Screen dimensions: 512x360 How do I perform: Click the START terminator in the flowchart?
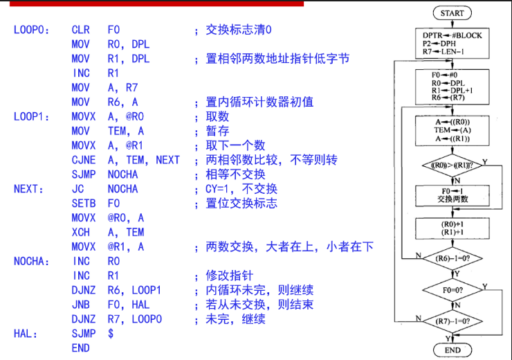[452, 13]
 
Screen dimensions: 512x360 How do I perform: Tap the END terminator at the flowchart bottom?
[452, 350]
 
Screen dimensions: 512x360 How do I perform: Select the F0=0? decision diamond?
[452, 290]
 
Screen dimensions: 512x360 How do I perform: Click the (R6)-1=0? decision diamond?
[452, 258]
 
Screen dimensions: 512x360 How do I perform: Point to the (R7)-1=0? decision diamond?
[452, 321]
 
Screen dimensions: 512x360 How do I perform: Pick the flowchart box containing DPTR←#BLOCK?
[452, 44]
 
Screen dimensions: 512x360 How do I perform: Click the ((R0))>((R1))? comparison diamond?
[452, 165]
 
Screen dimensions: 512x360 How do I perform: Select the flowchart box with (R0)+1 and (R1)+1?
[452, 228]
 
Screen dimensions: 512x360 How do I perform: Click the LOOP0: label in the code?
[31, 30]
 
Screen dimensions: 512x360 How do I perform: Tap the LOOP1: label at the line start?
[31, 116]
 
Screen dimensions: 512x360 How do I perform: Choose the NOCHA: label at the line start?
[31, 261]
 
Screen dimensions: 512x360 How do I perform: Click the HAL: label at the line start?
[26, 334]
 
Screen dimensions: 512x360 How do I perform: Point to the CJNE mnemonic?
[84, 160]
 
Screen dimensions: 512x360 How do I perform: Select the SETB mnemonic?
[84, 204]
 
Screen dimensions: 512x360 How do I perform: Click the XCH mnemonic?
[81, 232]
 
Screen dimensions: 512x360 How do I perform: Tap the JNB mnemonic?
[81, 305]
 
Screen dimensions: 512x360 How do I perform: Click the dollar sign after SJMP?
[111, 334]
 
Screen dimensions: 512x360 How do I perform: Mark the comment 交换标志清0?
[239, 30]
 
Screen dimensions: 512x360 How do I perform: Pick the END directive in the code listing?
[81, 348]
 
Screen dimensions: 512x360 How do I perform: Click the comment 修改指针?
[230, 276]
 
